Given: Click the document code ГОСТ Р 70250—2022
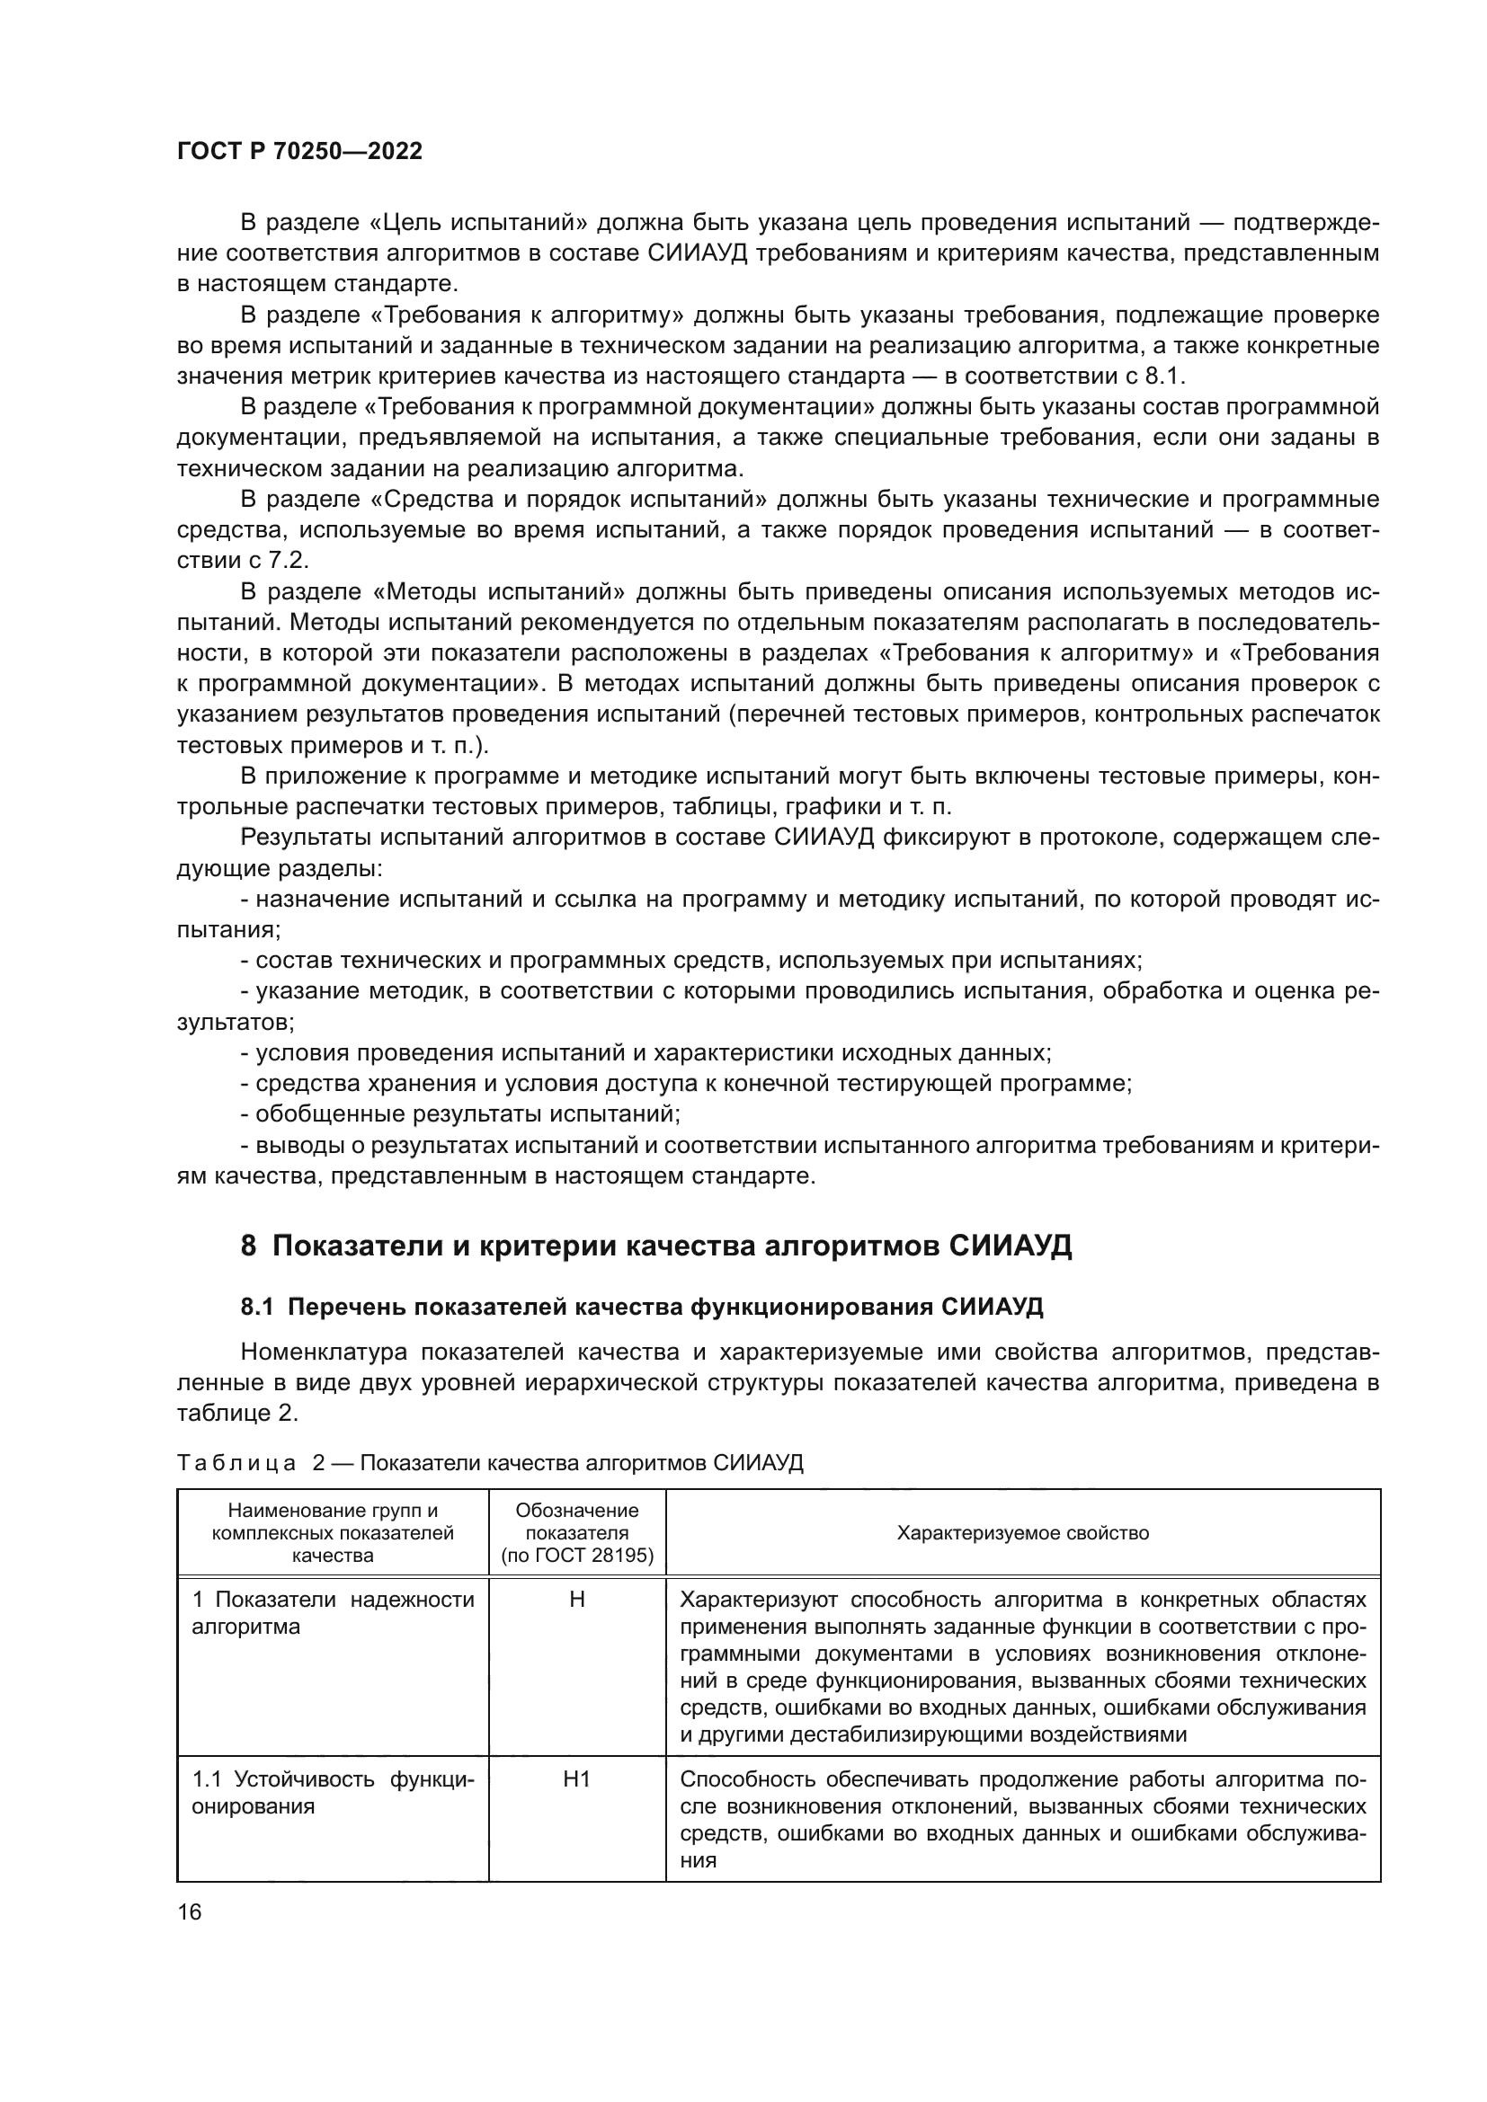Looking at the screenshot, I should tap(299, 152).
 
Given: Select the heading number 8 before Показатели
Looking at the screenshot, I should tap(248, 1246).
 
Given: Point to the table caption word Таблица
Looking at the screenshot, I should tap(236, 1462).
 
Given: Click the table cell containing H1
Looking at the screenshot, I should tap(577, 1778).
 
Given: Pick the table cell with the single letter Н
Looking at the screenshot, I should tap(577, 1600).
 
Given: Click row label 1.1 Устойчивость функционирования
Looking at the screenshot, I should tap(333, 1793).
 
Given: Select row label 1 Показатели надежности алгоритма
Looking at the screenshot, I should tap(333, 1613).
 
